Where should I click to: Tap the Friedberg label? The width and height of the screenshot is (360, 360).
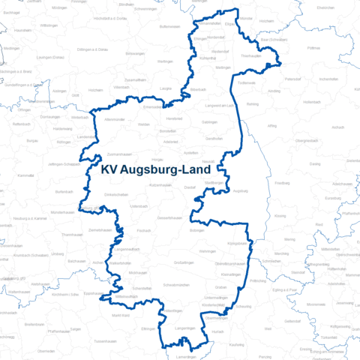(x=282, y=182)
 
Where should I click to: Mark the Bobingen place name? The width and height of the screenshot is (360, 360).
(x=196, y=231)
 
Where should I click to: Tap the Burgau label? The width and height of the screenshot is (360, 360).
(x=31, y=139)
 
